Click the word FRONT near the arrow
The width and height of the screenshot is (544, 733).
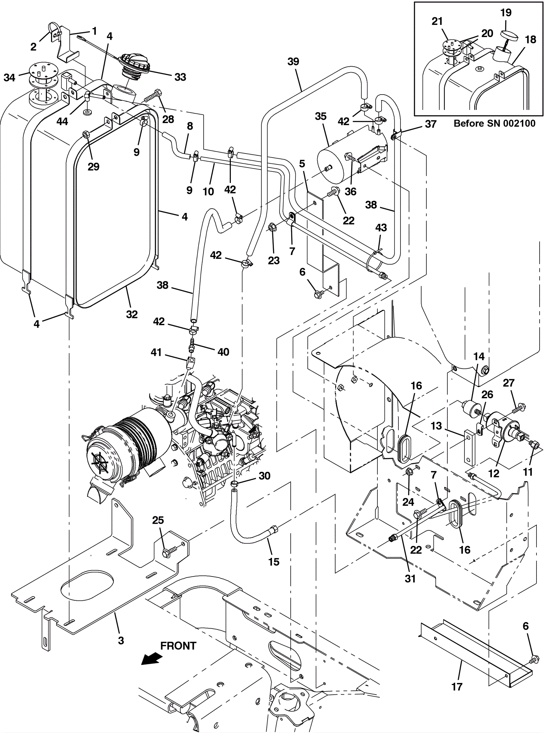[178, 646]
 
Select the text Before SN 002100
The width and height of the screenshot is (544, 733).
[494, 124]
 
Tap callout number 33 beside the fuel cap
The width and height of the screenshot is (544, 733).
[180, 77]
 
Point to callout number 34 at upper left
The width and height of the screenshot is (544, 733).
[10, 78]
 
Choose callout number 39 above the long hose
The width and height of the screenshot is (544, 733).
[293, 62]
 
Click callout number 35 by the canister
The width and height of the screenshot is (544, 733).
[321, 116]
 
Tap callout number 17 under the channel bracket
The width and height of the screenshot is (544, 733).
[457, 686]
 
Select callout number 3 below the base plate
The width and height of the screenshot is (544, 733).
[121, 640]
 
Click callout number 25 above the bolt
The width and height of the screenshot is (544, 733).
[158, 520]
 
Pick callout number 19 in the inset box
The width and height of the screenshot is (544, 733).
[506, 13]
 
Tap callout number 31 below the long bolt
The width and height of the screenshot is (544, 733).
[410, 579]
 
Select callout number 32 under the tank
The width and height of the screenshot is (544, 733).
[132, 314]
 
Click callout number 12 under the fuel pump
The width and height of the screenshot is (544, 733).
[494, 473]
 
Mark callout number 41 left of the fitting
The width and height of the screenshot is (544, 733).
[156, 352]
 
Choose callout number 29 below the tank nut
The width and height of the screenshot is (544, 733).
[93, 166]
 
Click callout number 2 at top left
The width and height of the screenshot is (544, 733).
[33, 47]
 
